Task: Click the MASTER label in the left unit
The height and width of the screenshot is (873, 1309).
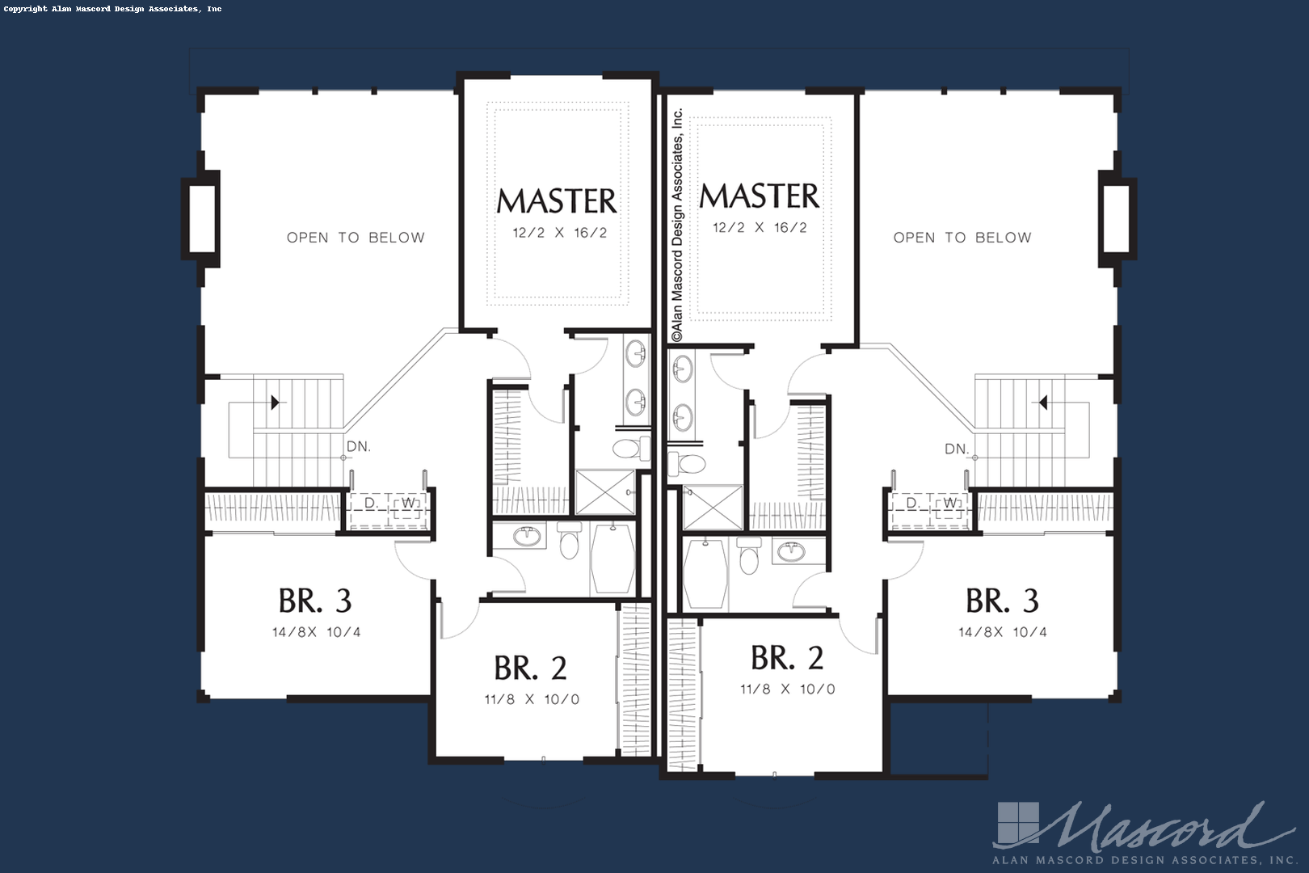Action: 556,201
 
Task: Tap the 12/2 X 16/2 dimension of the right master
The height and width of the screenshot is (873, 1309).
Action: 760,227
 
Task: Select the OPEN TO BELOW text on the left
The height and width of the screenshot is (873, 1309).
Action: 356,238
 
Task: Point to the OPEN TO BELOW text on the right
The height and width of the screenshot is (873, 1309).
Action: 962,238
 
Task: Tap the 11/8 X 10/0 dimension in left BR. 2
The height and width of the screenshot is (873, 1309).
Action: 532,699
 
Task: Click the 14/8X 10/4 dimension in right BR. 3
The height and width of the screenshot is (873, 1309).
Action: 1003,632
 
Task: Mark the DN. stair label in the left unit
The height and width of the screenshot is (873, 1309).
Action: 358,447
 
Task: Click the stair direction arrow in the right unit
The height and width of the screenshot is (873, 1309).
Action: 1042,403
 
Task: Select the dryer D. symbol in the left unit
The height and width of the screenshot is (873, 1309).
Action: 371,503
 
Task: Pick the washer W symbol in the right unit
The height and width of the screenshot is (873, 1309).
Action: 950,503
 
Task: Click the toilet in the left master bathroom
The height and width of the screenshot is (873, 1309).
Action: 631,449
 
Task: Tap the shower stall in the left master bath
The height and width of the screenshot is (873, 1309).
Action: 605,491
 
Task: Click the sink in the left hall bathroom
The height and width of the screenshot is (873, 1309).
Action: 526,536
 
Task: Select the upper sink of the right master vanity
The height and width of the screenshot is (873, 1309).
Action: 682,369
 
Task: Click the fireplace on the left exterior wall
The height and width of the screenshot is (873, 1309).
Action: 200,219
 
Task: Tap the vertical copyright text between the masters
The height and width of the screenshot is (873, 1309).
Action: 676,225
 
